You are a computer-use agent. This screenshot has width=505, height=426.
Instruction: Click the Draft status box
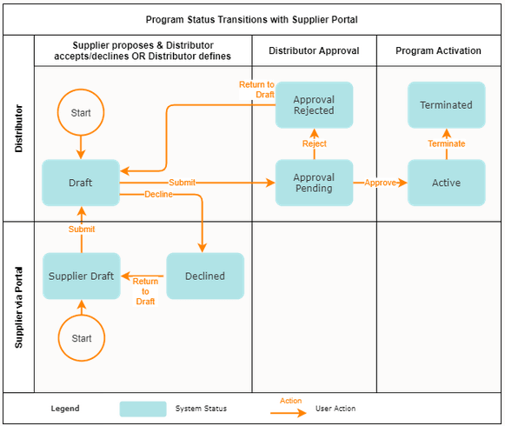click(81, 183)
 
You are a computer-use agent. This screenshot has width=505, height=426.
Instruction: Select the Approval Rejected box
click(314, 105)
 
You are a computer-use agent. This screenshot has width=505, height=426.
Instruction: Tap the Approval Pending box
click(314, 183)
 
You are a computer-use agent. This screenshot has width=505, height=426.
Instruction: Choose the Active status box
click(446, 183)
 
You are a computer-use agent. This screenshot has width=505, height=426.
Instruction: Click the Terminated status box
click(446, 105)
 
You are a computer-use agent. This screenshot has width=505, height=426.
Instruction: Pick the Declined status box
click(205, 276)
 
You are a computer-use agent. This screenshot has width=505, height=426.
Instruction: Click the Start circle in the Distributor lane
click(81, 113)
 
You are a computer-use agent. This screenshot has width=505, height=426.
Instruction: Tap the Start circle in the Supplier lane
click(81, 337)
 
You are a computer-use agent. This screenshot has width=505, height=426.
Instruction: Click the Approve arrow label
click(381, 183)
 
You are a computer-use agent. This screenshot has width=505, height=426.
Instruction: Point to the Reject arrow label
click(314, 143)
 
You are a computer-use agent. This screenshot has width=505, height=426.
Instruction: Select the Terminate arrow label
click(446, 143)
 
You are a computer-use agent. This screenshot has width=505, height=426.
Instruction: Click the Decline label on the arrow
click(158, 195)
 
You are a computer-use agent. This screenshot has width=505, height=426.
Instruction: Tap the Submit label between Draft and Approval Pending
click(182, 183)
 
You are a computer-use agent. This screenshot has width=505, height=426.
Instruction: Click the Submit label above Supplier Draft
click(82, 229)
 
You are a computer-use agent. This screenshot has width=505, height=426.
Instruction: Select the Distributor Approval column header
click(314, 50)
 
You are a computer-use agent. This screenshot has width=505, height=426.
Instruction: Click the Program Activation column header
click(438, 50)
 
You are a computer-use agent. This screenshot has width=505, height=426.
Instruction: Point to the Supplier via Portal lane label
click(18, 306)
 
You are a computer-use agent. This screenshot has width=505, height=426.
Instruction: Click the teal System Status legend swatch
click(143, 409)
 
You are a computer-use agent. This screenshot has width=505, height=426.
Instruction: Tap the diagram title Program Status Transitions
click(252, 18)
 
